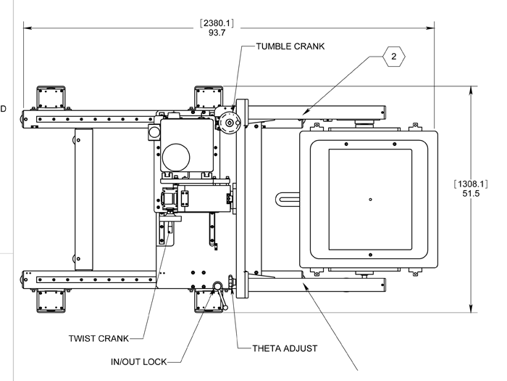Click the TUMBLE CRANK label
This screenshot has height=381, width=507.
tap(290, 46)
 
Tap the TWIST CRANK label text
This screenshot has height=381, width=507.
tap(99, 339)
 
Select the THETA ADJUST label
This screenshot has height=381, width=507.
tap(285, 348)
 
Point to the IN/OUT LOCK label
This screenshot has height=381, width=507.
tap(139, 362)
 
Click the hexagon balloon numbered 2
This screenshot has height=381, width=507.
tap(393, 57)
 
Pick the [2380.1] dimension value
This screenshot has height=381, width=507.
tap(217, 23)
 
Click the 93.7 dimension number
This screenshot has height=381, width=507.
tap(217, 33)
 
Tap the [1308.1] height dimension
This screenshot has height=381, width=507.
tap(471, 184)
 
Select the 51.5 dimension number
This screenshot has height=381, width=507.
tap(471, 194)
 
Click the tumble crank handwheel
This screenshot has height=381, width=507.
tap(230, 123)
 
